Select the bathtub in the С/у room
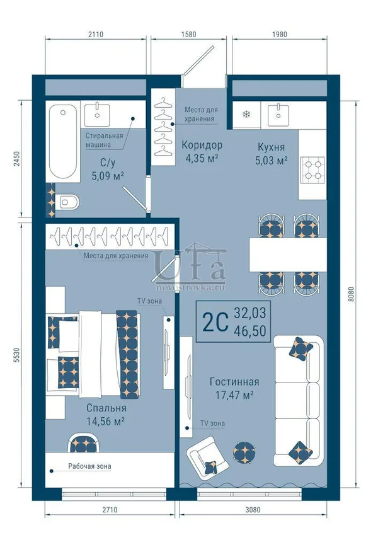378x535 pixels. (x=63, y=142)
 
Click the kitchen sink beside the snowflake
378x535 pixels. (x=278, y=115)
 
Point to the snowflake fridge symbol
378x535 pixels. (x=246, y=114)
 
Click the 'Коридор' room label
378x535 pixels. (x=202, y=145)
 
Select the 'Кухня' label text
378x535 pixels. (x=272, y=147)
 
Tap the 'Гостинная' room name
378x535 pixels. (x=234, y=381)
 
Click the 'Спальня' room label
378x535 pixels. (x=106, y=408)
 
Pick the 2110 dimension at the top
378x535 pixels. (x=96, y=34)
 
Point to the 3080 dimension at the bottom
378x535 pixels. (x=253, y=510)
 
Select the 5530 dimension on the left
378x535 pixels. (x=18, y=355)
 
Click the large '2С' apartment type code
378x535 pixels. (x=215, y=322)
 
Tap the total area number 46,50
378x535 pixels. (x=250, y=331)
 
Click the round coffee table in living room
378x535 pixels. (x=244, y=452)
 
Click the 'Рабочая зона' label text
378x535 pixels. (x=89, y=466)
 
